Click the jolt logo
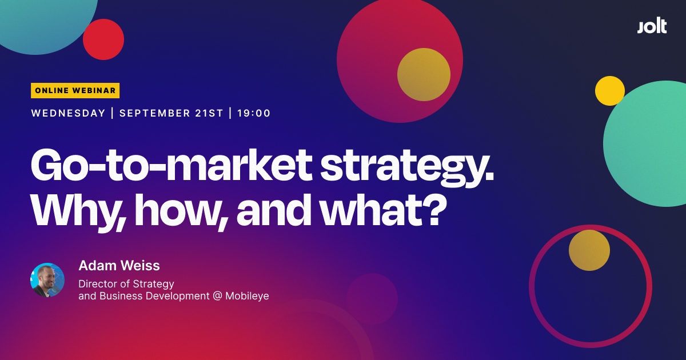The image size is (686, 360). (x=652, y=26)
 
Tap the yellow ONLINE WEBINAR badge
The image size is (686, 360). (x=75, y=90)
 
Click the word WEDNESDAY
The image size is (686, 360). (x=68, y=113)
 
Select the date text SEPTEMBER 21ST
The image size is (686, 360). (x=171, y=113)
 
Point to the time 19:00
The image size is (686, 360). (x=254, y=113)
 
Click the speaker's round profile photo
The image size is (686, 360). (x=47, y=280)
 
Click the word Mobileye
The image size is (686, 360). (x=247, y=296)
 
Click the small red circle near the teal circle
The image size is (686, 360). (x=103, y=39)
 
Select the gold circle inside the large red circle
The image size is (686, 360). (x=424, y=75)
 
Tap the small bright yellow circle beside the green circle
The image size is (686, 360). (x=609, y=91)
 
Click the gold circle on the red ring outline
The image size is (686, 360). (x=589, y=250)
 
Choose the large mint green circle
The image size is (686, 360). (x=649, y=143)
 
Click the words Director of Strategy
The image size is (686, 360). (x=126, y=283)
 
